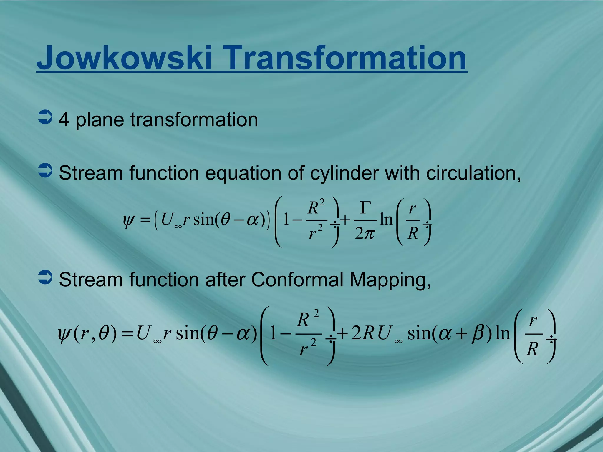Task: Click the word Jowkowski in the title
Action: point(124,58)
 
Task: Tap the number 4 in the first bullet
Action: point(64,120)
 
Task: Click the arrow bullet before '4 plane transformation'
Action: point(45,118)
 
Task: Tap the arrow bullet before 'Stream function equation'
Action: point(45,171)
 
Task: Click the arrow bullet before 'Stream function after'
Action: point(45,277)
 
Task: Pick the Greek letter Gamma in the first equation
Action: point(365,207)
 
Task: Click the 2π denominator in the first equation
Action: point(365,234)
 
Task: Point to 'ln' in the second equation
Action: point(503,333)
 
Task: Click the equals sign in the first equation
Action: point(145,220)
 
